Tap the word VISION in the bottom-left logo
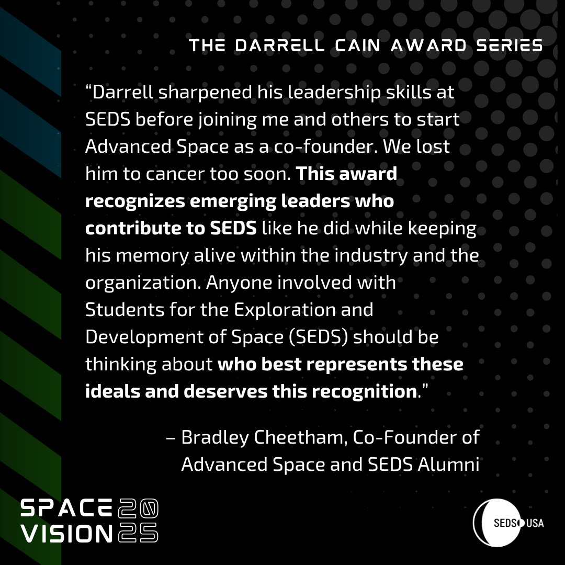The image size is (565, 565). [x=66, y=533]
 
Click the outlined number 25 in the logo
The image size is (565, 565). [x=138, y=533]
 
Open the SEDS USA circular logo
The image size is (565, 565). [x=507, y=523]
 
